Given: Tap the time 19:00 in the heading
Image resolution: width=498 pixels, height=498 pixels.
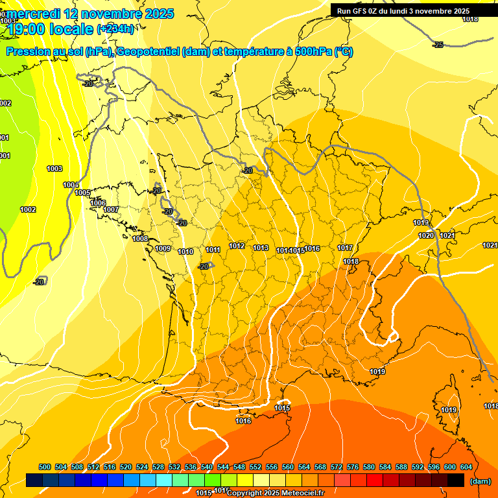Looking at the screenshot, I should click(27, 29).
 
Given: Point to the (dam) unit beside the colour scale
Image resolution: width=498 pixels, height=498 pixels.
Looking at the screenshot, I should click(480, 481).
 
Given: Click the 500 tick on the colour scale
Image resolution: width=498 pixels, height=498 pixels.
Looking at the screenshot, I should click(45, 468).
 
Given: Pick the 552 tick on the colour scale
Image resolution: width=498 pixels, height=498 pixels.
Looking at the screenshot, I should click(255, 468).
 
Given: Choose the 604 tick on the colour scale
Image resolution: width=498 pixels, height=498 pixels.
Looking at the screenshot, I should click(466, 468).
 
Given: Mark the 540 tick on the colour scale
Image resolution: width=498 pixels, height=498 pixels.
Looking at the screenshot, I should click(207, 468).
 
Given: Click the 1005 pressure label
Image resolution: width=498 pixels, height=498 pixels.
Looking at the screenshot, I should click(82, 193).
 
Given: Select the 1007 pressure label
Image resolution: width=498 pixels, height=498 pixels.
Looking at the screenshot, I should click(111, 210).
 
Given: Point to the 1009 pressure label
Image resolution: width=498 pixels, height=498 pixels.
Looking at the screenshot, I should click(163, 249).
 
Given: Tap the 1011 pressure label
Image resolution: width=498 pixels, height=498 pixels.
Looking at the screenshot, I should click(213, 250).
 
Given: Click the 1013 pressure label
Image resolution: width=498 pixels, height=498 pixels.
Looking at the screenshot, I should click(261, 248).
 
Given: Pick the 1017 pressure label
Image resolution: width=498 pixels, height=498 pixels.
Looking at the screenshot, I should click(345, 248).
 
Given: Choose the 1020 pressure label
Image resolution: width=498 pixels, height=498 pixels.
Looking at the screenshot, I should click(426, 236).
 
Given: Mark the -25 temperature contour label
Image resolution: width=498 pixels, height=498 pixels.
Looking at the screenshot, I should click(438, 45).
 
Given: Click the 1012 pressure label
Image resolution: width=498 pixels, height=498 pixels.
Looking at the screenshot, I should click(237, 246).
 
